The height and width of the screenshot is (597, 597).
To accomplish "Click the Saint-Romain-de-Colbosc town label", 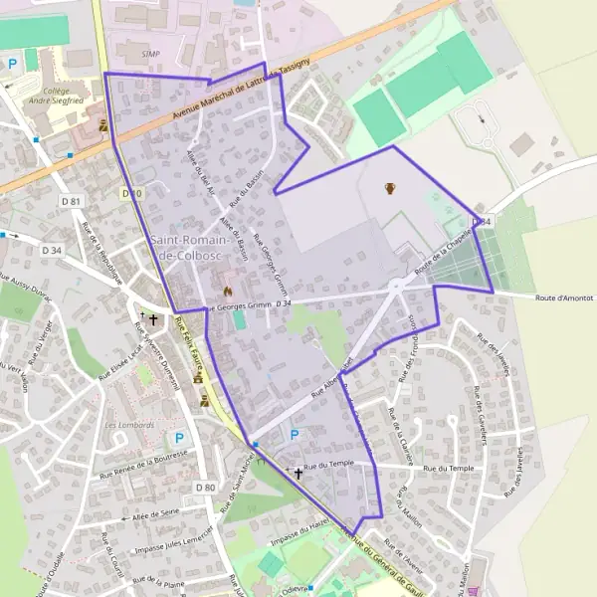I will coord(190,248).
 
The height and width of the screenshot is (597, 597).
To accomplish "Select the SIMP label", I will coord(150,54).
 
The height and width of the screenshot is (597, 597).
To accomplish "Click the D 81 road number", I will coord(70,201).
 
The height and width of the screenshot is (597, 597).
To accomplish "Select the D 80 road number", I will coord(205,487).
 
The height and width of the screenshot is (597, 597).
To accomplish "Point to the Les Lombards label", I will coord(130,425).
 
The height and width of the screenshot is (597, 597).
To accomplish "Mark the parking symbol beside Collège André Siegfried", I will coord(13,64).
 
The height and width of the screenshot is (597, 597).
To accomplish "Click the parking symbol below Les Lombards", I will coord(180,438).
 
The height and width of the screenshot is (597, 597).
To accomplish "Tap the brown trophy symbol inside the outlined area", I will coord(389,188).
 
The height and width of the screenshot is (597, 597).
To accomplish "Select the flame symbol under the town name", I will coord(227,291).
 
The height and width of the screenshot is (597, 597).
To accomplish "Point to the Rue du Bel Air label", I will coord(201,169).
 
